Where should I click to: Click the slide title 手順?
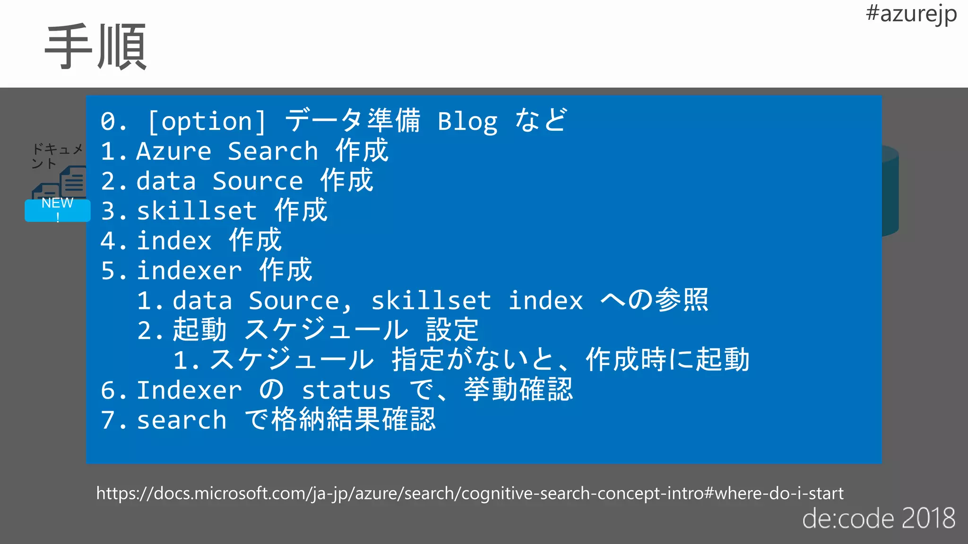click(x=96, y=47)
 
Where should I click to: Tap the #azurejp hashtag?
click(x=911, y=14)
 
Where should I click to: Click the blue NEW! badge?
click(x=57, y=210)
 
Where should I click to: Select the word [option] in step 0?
click(x=207, y=121)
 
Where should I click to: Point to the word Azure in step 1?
click(x=173, y=152)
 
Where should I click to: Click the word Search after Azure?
click(x=273, y=152)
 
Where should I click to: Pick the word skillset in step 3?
click(x=197, y=211)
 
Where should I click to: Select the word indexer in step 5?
click(x=189, y=271)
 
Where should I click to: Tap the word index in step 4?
click(x=174, y=241)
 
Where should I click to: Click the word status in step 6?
click(x=346, y=391)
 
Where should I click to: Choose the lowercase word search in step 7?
click(x=181, y=420)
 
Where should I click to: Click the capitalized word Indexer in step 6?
click(x=189, y=391)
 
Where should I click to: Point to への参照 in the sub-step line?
click(x=654, y=300)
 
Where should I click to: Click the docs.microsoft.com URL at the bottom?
click(x=469, y=493)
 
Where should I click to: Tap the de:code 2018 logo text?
click(x=878, y=518)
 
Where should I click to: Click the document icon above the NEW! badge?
click(x=73, y=182)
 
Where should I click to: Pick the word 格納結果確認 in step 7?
click(x=353, y=420)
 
